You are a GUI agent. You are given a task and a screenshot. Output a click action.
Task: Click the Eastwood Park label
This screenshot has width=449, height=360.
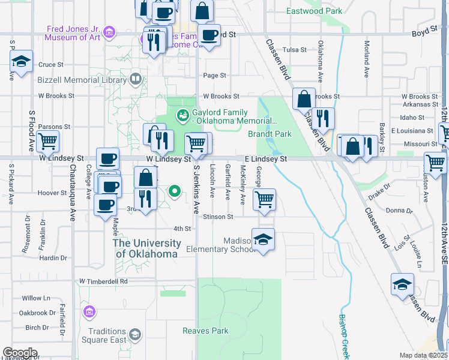pos(314,11)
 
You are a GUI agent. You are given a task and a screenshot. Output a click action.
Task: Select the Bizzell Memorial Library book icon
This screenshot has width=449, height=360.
pos(136,79)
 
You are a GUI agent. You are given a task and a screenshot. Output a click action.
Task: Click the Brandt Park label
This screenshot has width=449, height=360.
pos(270,134)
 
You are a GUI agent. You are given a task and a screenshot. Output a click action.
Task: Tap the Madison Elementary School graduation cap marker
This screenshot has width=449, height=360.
pos(263,239)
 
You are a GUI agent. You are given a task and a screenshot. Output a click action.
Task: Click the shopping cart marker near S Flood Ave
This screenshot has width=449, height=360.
pos(47,142)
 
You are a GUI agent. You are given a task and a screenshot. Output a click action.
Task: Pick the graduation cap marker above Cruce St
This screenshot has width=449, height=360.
pos(21,61)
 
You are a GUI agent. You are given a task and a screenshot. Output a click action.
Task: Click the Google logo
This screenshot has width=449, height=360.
pos(20,353)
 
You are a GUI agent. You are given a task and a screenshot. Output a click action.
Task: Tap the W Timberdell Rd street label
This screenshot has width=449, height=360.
pos(104,281)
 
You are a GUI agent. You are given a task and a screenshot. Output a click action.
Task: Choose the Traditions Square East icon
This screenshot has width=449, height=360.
pos(136,334)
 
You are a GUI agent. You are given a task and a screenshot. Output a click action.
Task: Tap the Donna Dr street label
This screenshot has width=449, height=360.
pos(399,211)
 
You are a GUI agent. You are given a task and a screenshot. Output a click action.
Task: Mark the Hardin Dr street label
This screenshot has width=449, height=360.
pos(53,258)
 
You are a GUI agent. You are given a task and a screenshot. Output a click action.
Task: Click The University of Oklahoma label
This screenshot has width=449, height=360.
pos(147,248)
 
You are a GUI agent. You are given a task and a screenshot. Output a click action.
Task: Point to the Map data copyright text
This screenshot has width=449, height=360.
pos(423,355)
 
